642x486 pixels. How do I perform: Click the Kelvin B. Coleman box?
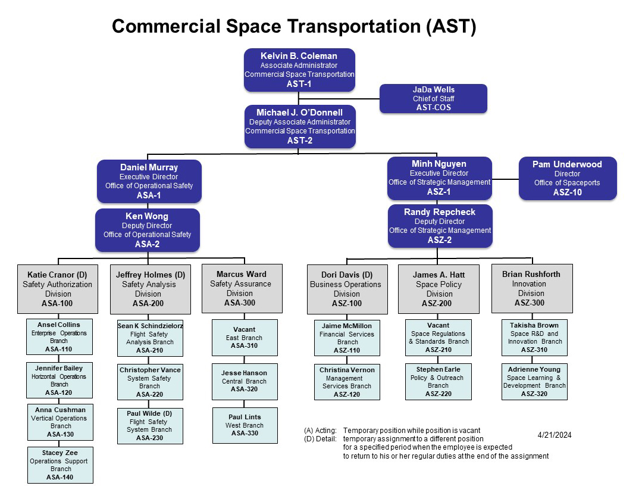[299, 70]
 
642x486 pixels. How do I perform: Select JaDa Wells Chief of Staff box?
[433, 98]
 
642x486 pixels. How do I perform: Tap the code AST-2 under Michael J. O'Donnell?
[299, 141]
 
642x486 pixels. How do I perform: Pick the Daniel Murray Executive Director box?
[149, 181]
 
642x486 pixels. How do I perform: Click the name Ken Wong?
[147, 216]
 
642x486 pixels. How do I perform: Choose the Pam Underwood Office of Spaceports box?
[568, 178]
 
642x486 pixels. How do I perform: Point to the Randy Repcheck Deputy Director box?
[440, 226]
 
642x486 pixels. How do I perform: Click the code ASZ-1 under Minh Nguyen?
[439, 192]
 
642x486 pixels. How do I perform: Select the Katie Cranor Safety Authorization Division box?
[58, 289]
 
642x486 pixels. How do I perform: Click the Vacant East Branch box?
[245, 338]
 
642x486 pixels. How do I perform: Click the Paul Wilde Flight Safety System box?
[150, 426]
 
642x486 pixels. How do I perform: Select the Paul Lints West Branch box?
[245, 425]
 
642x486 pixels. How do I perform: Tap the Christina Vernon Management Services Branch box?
[347, 382]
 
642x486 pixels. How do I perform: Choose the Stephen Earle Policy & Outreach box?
[438, 382]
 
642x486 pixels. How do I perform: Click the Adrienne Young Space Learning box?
[534, 382]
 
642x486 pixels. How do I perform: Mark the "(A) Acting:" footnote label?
[320, 431]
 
